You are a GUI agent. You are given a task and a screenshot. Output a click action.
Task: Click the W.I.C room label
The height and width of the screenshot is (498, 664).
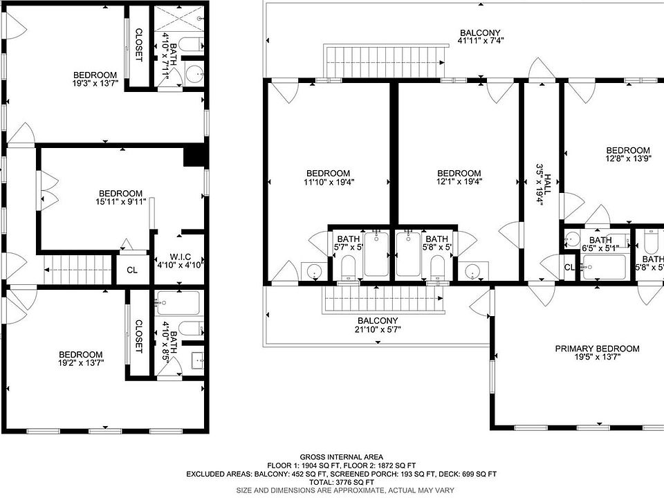click(x=181, y=257)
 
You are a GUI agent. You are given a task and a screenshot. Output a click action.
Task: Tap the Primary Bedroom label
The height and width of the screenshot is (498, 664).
click(x=597, y=349)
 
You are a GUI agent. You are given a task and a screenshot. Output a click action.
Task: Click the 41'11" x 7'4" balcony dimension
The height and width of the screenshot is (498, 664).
click(x=480, y=41)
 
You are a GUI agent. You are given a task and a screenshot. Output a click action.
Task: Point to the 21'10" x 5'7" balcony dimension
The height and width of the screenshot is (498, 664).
click(x=378, y=329)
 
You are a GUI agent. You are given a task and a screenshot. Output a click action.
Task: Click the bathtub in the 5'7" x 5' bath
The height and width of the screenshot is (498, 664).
click(x=376, y=254)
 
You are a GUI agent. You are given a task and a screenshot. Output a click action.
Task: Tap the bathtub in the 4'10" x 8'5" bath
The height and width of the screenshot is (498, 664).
click(x=178, y=302)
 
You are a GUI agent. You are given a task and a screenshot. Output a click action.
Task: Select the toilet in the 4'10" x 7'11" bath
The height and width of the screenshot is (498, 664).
click(x=191, y=44)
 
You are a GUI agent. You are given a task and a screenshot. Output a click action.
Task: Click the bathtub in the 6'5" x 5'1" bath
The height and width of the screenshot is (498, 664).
click(x=604, y=267)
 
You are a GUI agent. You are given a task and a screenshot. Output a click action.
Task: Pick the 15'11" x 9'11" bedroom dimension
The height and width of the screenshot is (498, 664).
click(x=120, y=201)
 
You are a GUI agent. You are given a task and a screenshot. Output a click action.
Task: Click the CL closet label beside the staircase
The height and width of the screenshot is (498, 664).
click(x=132, y=270)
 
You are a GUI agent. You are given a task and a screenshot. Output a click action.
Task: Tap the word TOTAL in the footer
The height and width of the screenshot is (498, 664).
click(x=320, y=482)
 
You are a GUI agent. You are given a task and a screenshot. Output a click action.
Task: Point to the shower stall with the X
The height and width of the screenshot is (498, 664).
click(x=178, y=19)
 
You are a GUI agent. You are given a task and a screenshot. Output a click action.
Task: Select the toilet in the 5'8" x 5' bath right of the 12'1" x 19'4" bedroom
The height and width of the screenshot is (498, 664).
click(x=436, y=267)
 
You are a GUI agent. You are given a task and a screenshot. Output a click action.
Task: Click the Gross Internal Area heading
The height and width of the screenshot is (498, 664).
click(x=341, y=457)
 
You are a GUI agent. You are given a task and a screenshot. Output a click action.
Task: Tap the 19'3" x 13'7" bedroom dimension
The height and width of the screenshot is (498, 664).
click(x=95, y=83)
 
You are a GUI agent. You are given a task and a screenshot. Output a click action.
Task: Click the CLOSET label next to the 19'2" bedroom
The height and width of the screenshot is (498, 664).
click(x=138, y=337)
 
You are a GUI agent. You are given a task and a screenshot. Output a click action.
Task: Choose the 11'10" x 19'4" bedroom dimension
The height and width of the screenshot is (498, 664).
click(x=329, y=182)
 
